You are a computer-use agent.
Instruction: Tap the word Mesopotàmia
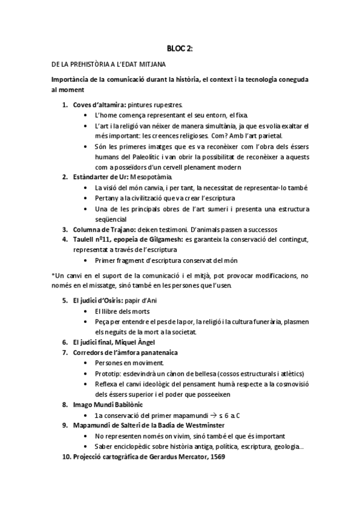point(153,177)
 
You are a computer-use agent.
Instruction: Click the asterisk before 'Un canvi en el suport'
point(53,274)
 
